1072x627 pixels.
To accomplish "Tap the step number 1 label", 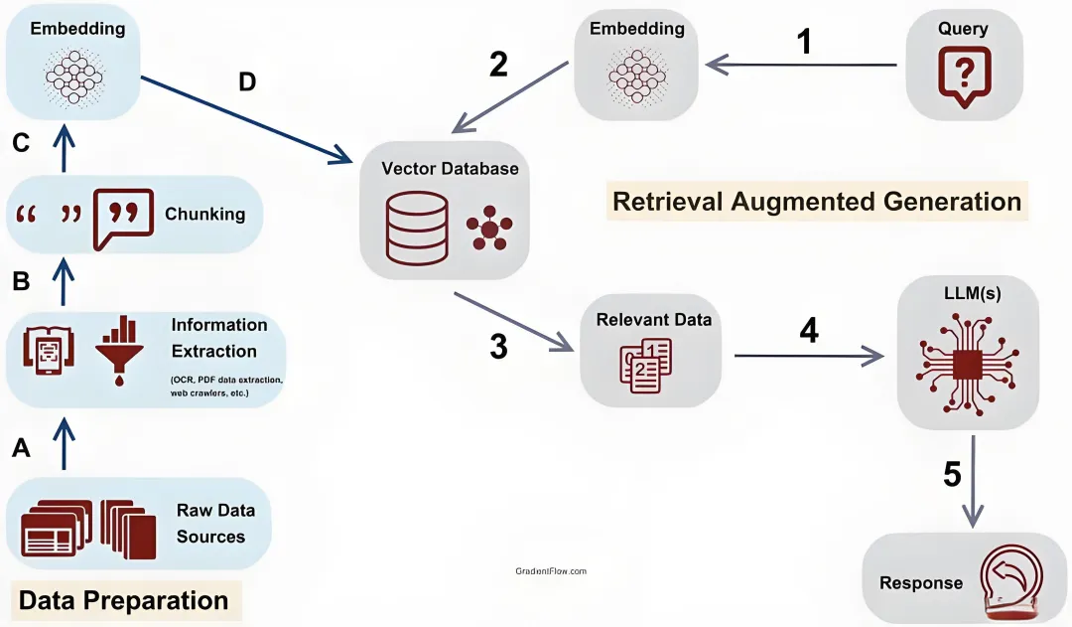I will tap(804, 41).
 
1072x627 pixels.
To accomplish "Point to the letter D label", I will tap(246, 82).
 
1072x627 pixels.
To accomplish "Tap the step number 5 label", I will tap(952, 474).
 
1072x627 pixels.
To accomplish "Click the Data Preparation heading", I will tap(123, 600).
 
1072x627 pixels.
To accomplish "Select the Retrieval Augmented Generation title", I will tap(816, 202).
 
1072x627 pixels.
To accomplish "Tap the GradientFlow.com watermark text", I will tap(551, 571).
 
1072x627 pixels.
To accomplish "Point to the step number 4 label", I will tap(809, 331).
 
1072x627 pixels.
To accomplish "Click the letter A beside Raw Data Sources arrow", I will tap(21, 449).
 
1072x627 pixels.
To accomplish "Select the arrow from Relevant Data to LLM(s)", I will tap(809, 355).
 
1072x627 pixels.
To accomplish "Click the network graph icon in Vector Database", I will tap(488, 229).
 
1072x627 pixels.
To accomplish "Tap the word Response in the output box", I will tap(921, 582).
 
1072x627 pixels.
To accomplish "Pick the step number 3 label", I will tap(498, 347).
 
